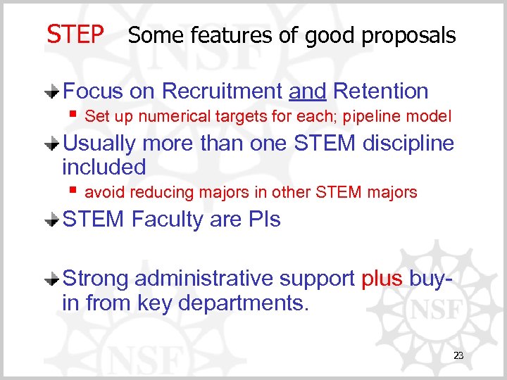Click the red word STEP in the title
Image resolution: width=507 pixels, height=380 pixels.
75,34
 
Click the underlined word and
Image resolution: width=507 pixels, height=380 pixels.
308,91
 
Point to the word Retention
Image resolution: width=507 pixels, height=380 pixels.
380,91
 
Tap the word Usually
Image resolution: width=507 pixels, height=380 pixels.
99,144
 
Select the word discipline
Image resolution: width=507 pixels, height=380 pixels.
408,144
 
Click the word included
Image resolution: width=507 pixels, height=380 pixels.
104,167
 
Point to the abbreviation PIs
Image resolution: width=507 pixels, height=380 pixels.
265,220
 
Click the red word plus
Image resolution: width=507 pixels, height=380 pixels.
382,279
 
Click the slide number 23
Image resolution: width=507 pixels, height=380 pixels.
458,356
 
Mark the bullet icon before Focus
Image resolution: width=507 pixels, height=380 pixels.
53,92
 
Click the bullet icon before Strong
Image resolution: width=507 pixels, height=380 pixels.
53,279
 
